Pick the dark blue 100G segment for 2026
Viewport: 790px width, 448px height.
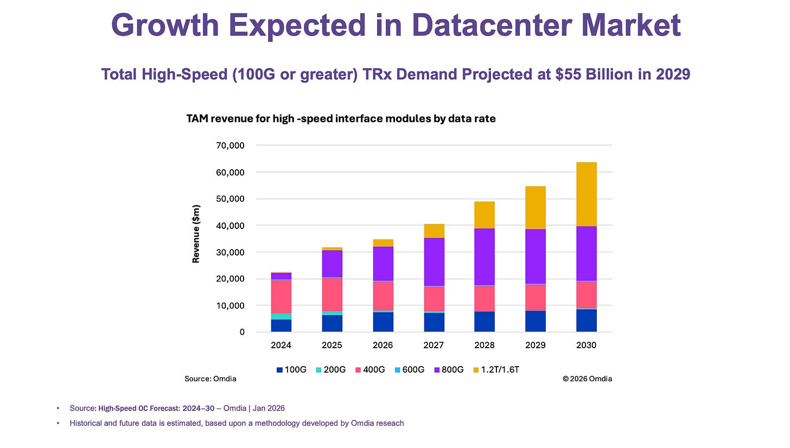383,322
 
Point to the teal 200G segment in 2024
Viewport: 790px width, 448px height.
281,316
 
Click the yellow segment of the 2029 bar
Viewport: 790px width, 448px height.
536,208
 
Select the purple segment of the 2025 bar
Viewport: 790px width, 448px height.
332,264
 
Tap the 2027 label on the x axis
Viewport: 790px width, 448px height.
434,345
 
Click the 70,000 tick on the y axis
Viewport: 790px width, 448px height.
231,145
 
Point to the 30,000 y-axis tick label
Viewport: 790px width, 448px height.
231,252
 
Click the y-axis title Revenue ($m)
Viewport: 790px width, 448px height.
196,233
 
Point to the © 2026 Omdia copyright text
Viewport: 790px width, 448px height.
587,379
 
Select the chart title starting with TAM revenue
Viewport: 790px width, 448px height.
341,119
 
